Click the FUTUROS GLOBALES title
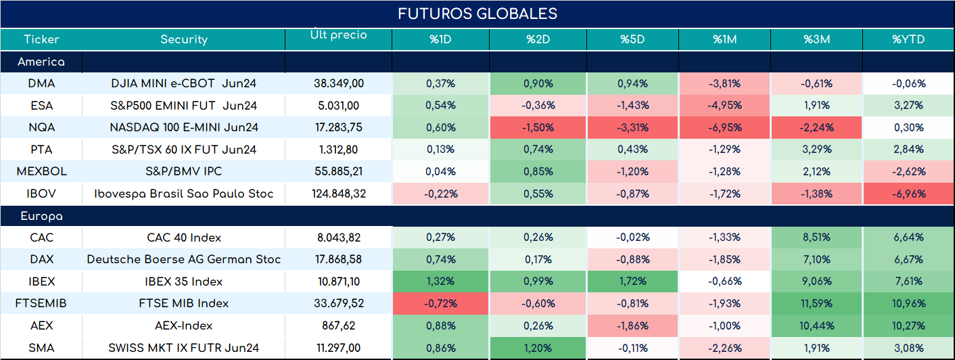(x=477, y=14)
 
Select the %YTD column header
(x=908, y=39)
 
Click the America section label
(x=41, y=62)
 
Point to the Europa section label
(x=41, y=217)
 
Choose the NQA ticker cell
(x=41, y=127)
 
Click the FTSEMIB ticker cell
(x=41, y=303)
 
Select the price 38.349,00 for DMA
(x=339, y=83)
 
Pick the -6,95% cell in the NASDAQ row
(x=725, y=127)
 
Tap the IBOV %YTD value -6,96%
(x=909, y=194)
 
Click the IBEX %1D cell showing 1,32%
(x=440, y=282)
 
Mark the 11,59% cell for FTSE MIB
(x=816, y=303)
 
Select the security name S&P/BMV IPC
(x=184, y=171)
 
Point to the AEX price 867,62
(x=339, y=326)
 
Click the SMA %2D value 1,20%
(x=538, y=348)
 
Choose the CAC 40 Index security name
(x=184, y=238)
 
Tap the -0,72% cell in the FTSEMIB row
(x=440, y=303)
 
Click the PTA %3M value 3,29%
(x=816, y=150)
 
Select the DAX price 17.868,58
(x=339, y=259)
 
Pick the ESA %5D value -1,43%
(x=632, y=106)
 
